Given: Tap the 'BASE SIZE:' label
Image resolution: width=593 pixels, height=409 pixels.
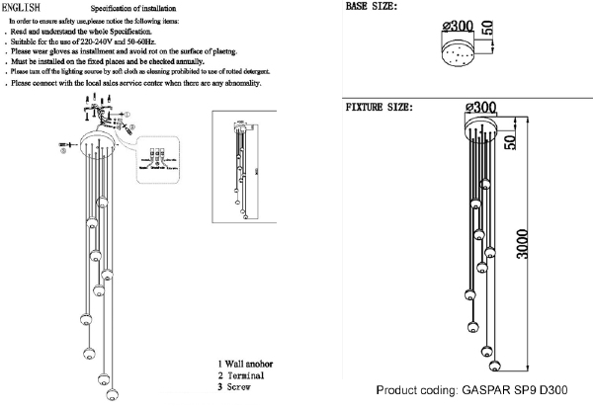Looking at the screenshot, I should pos(371,8).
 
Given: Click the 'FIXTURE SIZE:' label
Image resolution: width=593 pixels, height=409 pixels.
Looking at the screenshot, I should pos(379,106).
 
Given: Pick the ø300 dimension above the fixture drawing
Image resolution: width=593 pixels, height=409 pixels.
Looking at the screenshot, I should pos(478,107).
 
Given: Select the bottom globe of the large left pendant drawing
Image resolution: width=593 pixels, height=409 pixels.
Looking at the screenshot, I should pos(106,398).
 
